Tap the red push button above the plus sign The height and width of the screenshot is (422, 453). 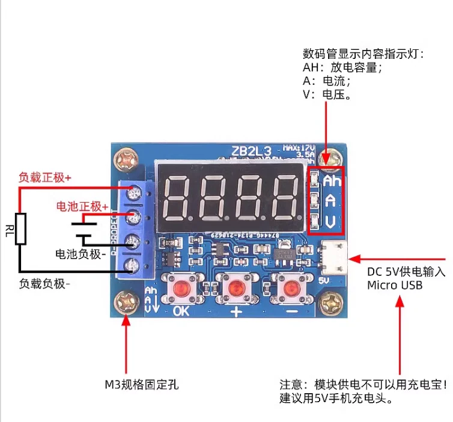pyautogui.click(x=235, y=289)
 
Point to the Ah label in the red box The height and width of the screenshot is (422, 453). pyautogui.click(x=332, y=180)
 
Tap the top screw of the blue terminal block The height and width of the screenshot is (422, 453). pyautogui.click(x=133, y=194)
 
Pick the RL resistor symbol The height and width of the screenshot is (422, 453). pyautogui.click(x=22, y=228)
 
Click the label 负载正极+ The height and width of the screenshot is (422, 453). pyautogui.click(x=45, y=178)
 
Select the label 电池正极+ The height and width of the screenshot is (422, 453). pyautogui.click(x=82, y=206)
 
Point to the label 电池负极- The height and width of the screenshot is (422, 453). pyautogui.click(x=81, y=254)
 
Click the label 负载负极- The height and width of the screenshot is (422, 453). pyautogui.click(x=45, y=283)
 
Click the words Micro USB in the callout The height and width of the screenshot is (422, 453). pyautogui.click(x=395, y=285)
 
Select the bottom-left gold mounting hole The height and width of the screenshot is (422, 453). pyautogui.click(x=127, y=299)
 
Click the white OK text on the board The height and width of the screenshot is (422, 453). pyautogui.click(x=181, y=311)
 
